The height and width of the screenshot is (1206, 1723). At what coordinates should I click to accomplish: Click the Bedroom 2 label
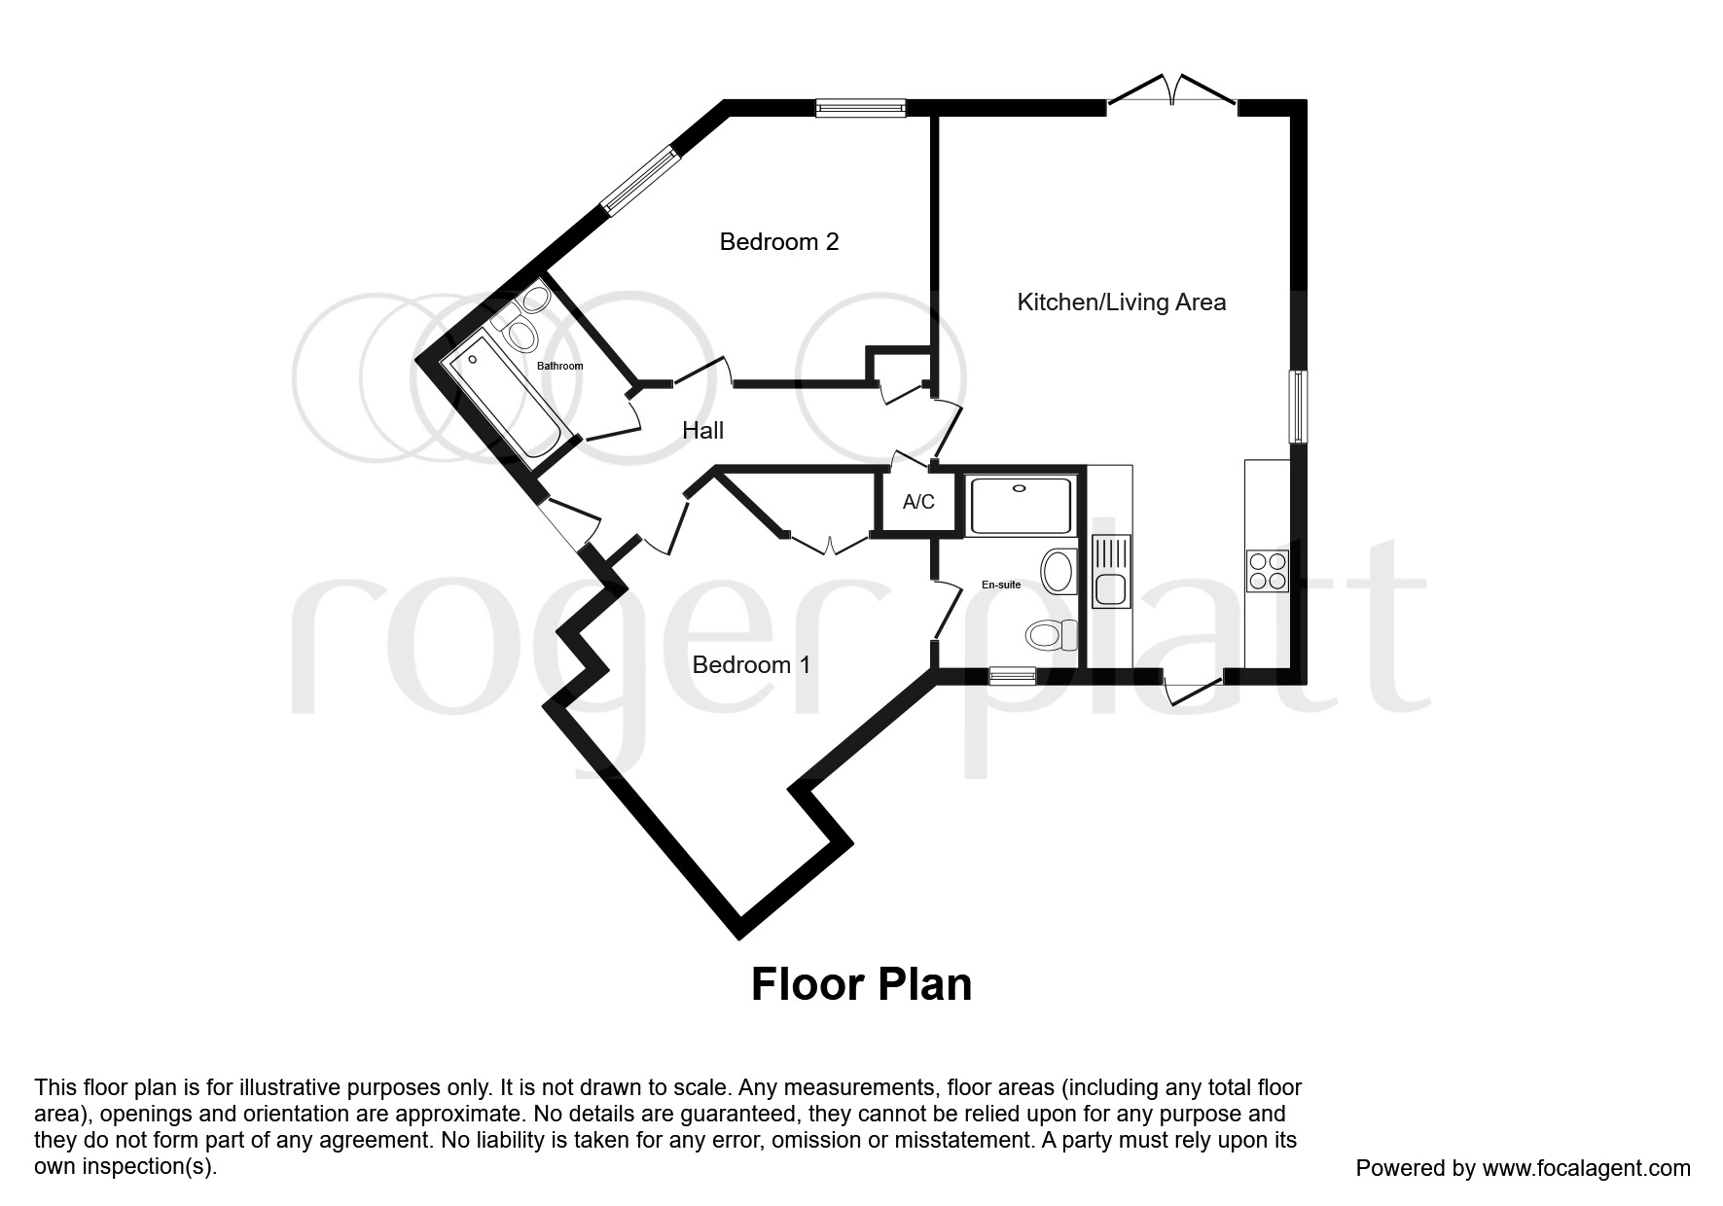[778, 241]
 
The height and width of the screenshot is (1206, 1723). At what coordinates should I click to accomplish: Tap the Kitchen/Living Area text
[1121, 301]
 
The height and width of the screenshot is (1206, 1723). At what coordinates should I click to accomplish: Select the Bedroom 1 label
[751, 664]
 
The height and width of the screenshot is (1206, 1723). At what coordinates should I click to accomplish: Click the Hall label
[702, 430]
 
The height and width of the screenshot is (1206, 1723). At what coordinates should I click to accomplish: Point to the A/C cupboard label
[918, 502]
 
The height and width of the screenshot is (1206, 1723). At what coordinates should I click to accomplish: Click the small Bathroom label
[560, 366]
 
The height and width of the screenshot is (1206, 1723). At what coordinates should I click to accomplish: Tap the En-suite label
[1000, 585]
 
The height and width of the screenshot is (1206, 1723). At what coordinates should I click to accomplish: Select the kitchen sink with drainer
[1109, 573]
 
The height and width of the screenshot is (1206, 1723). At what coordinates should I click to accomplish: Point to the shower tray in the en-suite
[1021, 505]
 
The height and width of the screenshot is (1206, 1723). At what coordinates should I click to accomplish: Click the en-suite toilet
[1051, 635]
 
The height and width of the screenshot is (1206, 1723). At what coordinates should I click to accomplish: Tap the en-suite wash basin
[1059, 571]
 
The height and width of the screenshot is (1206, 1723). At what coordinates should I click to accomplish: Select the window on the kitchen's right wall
[1298, 406]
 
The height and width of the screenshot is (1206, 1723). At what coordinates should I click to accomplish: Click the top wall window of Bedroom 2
[860, 108]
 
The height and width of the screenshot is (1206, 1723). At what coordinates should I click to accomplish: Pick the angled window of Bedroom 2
[638, 180]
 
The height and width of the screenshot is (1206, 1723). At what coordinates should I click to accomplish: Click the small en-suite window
[1012, 675]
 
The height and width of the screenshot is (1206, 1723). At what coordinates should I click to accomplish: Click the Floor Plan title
[861, 984]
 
